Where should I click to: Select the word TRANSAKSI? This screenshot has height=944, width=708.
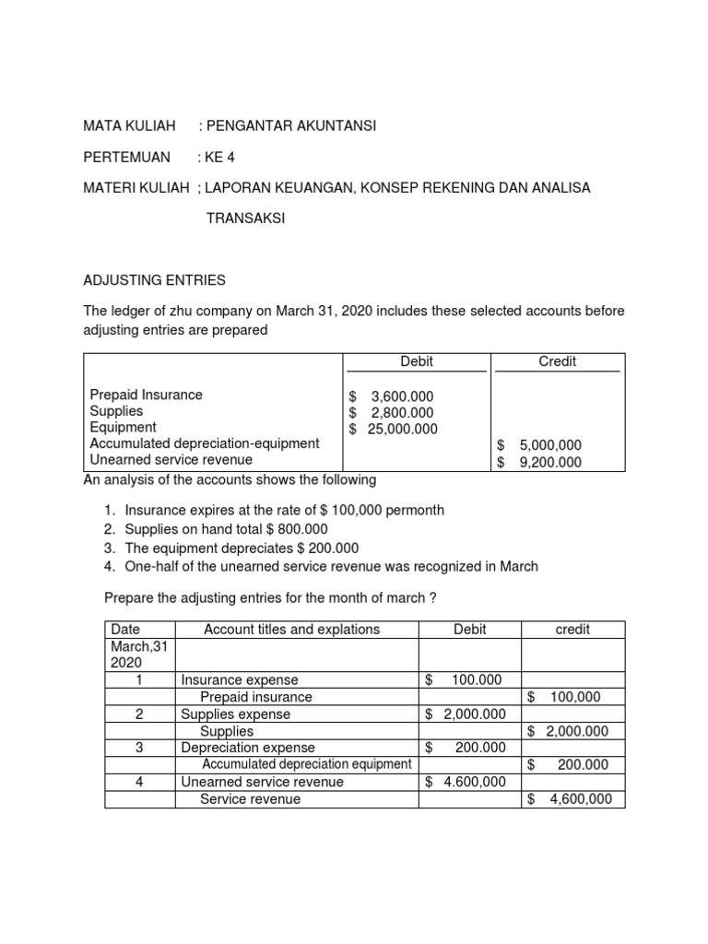tap(245, 218)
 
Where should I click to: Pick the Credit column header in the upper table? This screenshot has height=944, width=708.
tap(557, 361)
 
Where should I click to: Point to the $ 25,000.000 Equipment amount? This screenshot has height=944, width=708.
tap(394, 429)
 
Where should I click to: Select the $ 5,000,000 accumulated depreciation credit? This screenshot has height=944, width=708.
tap(539, 445)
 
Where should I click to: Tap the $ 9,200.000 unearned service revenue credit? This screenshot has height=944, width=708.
tap(539, 462)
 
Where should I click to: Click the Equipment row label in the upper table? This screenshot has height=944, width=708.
tap(124, 428)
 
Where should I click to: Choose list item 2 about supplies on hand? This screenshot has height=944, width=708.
tap(226, 529)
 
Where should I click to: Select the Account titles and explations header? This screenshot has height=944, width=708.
tap(291, 630)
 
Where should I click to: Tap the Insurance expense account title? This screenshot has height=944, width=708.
tap(236, 680)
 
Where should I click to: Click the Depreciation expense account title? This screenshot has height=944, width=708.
tap(248, 748)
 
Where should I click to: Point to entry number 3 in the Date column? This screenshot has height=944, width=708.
tap(139, 748)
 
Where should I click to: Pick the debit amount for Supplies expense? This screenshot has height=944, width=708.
tap(466, 714)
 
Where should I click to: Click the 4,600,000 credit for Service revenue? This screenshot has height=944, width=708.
tap(572, 799)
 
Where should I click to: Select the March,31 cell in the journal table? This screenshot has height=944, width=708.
tap(138, 647)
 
